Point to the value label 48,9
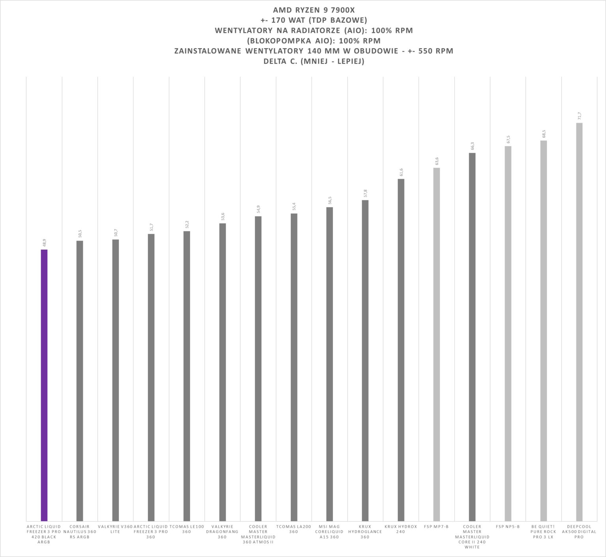click(x=44, y=243)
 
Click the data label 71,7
click(x=579, y=116)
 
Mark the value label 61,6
click(x=401, y=172)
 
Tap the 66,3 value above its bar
click(x=472, y=146)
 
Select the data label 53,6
click(x=223, y=217)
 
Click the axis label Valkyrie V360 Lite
click(x=115, y=529)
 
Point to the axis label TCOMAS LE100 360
click(x=187, y=529)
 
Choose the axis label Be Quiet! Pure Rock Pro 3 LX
click(x=543, y=531)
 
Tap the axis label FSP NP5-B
click(x=508, y=526)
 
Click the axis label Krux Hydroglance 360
click(x=365, y=531)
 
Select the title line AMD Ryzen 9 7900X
click(x=314, y=10)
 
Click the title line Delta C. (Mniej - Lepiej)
click(x=314, y=61)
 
